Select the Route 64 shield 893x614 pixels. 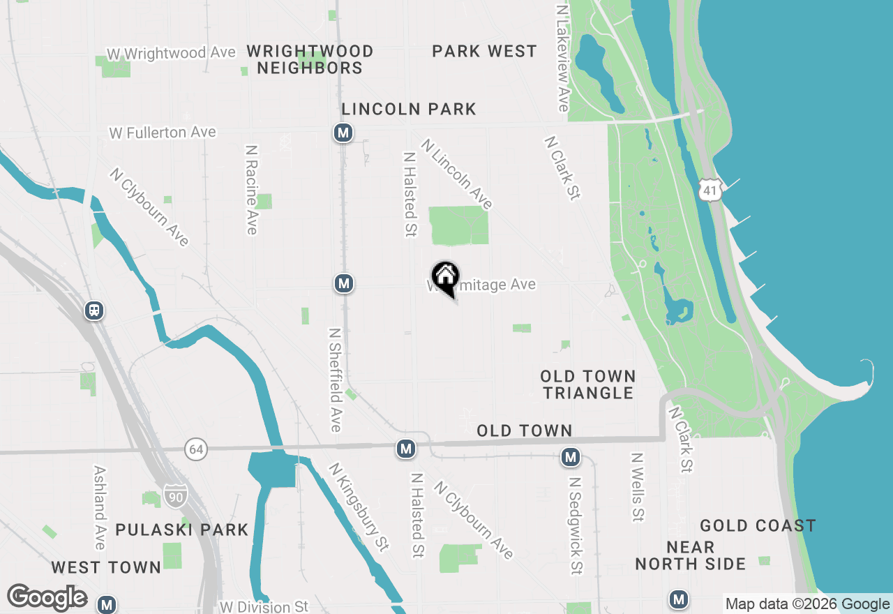(196, 449)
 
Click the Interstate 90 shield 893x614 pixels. (176, 496)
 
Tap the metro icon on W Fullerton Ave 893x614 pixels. (343, 133)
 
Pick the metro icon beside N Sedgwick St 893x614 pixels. (571, 458)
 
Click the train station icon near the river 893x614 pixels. (94, 310)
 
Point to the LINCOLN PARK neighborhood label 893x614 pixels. (409, 109)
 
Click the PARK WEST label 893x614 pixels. (484, 51)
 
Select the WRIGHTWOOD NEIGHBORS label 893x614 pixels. (310, 59)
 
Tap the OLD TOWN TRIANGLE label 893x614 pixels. (588, 384)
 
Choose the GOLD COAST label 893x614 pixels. (758, 525)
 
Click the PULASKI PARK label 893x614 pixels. (181, 530)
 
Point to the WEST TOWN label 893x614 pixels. (106, 567)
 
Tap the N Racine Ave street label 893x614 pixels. (252, 190)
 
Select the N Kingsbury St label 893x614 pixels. (359, 507)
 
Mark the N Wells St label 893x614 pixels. (637, 487)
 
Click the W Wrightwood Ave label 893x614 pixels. (161, 53)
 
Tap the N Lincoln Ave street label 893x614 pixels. (457, 174)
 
